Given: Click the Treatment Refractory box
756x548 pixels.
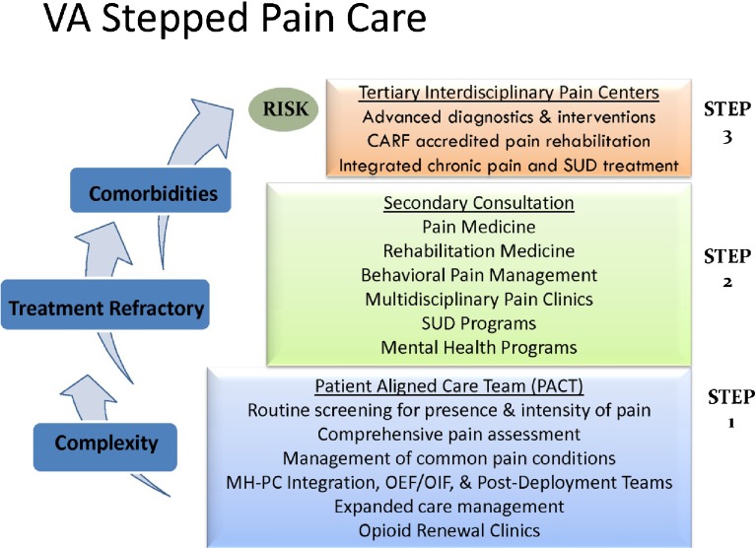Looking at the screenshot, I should coord(105,308).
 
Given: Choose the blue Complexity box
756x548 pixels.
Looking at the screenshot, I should coord(105,443).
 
